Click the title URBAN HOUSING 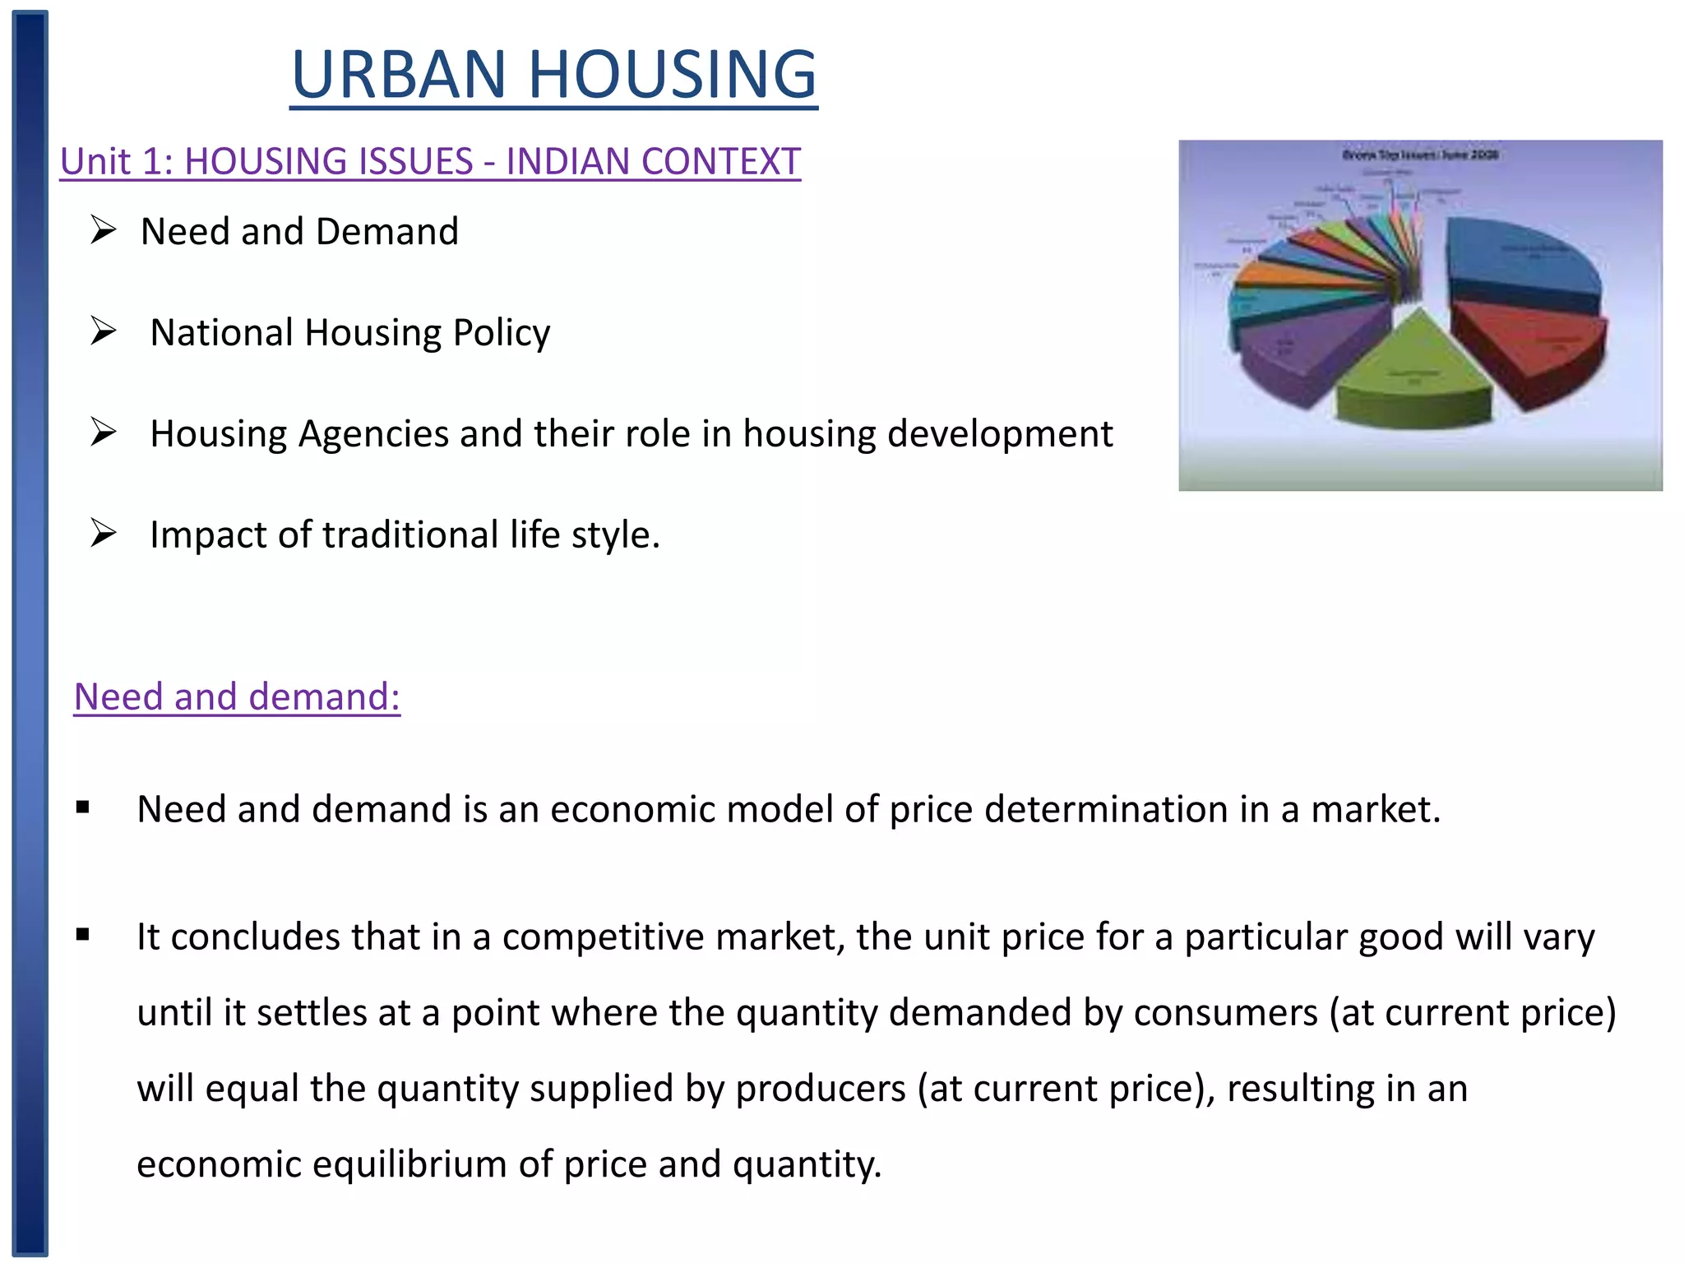pos(553,74)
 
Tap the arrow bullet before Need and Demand pos(104,230)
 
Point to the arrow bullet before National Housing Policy pos(104,331)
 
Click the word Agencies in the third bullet pos(373,434)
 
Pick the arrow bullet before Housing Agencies pos(104,433)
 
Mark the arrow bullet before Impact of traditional pos(104,534)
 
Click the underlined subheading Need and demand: pos(237,696)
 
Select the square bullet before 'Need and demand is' pos(82,808)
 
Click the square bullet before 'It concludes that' pos(82,935)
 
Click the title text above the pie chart pos(1420,155)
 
